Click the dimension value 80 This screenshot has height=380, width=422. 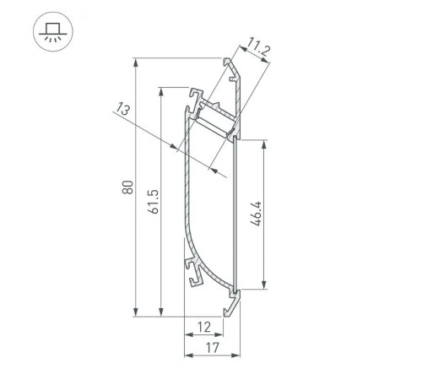click(127, 187)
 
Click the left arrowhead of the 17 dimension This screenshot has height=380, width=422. click(187, 355)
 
